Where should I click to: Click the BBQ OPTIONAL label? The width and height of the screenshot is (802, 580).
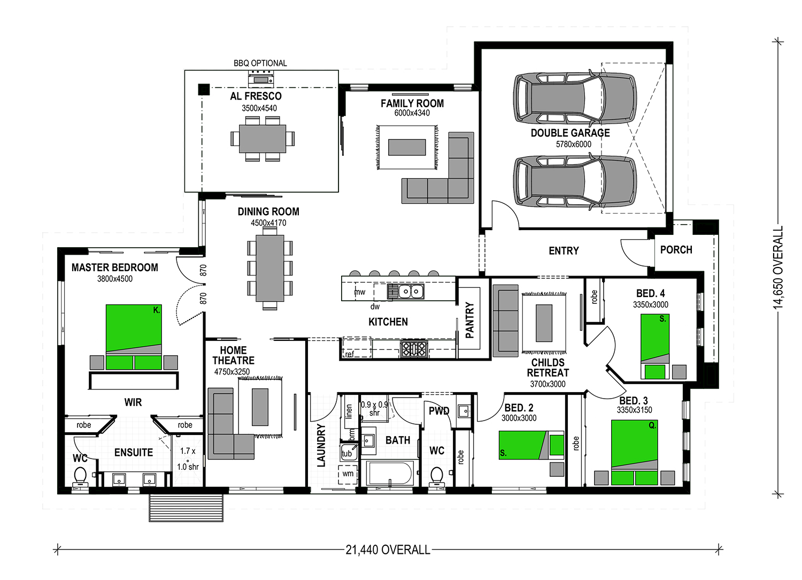260,63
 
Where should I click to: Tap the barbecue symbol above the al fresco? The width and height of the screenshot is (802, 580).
261,80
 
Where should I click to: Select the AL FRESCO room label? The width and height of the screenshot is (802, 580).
256,96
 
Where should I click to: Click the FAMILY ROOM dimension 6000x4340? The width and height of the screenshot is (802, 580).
412,113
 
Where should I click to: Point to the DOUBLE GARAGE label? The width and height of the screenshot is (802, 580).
570,133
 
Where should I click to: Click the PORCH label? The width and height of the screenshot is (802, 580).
676,250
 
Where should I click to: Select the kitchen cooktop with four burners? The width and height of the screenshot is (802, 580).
414,349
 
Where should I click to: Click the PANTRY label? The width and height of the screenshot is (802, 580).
470,320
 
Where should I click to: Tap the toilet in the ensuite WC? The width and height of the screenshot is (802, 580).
80,476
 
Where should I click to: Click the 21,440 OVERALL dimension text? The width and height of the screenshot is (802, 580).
388,550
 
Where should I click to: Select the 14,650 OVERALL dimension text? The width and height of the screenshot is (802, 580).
778,267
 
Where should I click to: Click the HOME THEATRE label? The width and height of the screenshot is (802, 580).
233,355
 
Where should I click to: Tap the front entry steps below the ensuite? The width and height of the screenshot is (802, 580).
186,507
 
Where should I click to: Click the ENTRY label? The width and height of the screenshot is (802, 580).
564,250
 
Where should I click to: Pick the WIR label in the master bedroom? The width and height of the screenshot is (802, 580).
133,402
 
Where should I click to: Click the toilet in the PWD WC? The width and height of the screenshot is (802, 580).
437,476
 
